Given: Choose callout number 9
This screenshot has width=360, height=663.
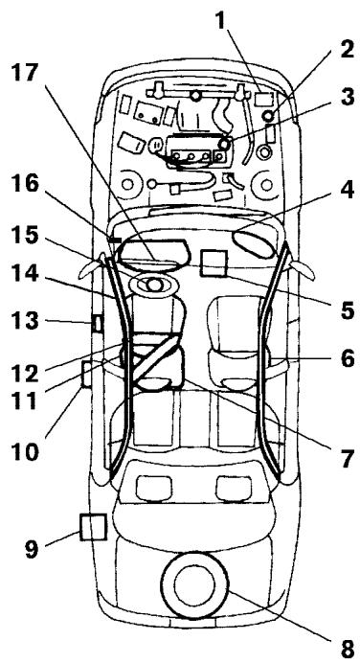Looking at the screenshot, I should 28,549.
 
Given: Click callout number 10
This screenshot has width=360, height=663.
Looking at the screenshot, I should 30,449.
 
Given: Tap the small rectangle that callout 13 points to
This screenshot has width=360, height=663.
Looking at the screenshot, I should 98,323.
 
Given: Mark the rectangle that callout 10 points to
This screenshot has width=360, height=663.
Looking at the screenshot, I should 87,373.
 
